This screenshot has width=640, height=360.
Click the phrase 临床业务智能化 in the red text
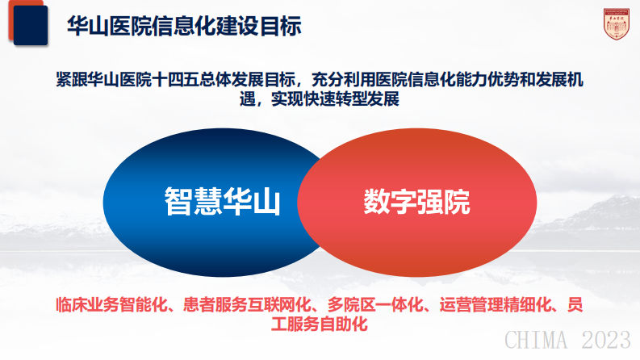click(x=109, y=305)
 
